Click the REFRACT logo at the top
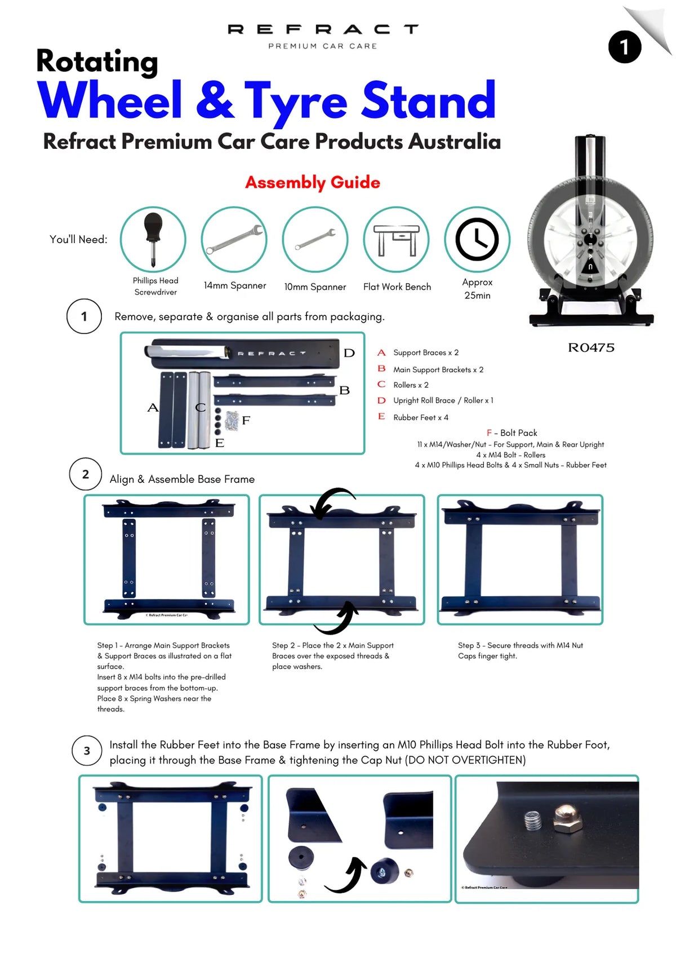pos(323,29)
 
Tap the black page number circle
pos(624,47)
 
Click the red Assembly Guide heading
pos(313,182)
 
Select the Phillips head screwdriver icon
pos(153,239)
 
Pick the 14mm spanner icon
pos(234,239)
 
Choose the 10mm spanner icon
pos(315,240)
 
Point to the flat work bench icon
pos(396,239)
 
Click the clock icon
pos(477,239)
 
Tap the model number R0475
pos(591,347)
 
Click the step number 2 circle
pos(85,474)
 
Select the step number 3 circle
pos(87,751)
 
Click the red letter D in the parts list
pos(381,400)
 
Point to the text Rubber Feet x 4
pos(421,417)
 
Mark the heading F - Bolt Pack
pos(512,433)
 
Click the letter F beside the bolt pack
pos(246,420)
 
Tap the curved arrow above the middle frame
pos(332,501)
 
